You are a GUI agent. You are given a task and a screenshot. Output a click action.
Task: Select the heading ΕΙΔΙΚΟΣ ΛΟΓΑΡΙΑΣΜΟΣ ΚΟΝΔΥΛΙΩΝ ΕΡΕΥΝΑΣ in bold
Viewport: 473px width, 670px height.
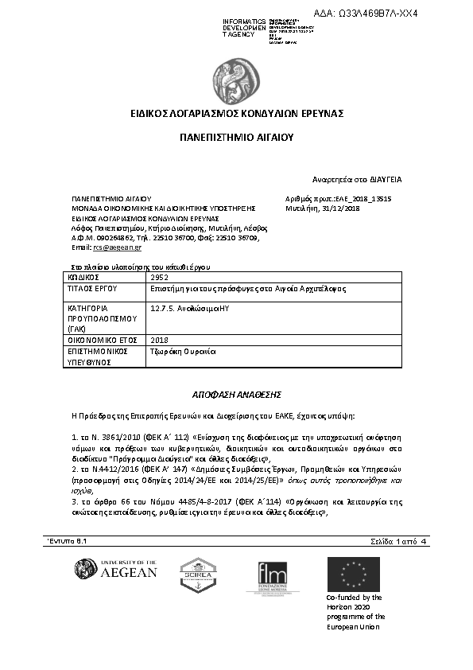237,114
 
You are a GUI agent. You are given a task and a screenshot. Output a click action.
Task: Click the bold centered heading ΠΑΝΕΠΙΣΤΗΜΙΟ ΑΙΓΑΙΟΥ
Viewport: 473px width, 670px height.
236,137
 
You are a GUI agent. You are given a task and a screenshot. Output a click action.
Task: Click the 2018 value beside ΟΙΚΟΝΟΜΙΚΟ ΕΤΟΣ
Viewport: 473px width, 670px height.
159,340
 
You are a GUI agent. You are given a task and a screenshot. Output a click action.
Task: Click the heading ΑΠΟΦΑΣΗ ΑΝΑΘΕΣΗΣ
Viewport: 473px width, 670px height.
236,394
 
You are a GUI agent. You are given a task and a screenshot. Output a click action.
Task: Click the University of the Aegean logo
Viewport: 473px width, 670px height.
115,569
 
